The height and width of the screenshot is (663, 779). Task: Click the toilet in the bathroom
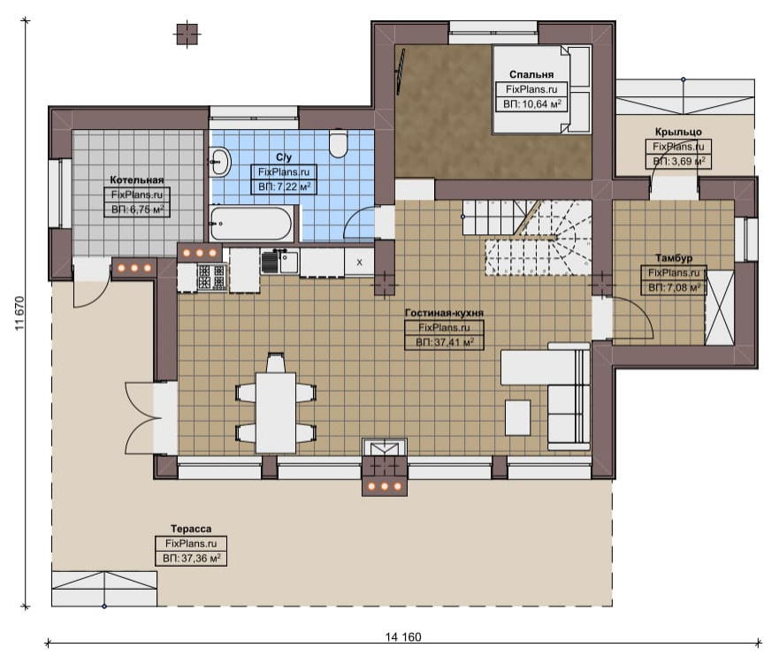pos(339,143)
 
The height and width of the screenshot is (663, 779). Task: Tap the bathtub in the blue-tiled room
pos(251,224)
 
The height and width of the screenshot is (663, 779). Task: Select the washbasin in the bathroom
pos(219,162)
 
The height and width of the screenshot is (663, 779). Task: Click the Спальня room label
pos(531,74)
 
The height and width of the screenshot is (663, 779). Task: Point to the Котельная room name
pos(137,179)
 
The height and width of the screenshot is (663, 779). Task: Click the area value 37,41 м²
pos(444,342)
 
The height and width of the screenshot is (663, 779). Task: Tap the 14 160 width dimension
pos(403,636)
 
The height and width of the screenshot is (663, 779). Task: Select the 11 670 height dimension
pos(19,313)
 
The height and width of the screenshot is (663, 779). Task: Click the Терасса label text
pos(191,529)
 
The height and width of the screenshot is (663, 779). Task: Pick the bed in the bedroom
pos(541,89)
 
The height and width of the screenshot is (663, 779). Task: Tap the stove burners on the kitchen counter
pos(212,277)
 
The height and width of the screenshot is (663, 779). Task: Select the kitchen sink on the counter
pos(279,263)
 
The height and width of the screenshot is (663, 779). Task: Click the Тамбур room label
pos(674,258)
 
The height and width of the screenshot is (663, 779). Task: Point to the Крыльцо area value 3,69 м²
pos(679,162)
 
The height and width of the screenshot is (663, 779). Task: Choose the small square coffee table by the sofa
pos(517,417)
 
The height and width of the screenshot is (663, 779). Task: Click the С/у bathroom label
pos(284,157)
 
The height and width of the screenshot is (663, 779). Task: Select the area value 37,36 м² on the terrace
pos(191,558)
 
